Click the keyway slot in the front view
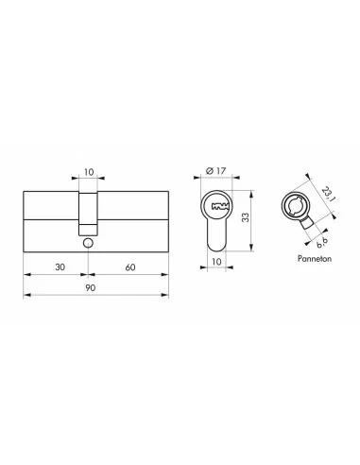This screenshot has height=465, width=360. point(219,207)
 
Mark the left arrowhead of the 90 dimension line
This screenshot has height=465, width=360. point(24,299)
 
